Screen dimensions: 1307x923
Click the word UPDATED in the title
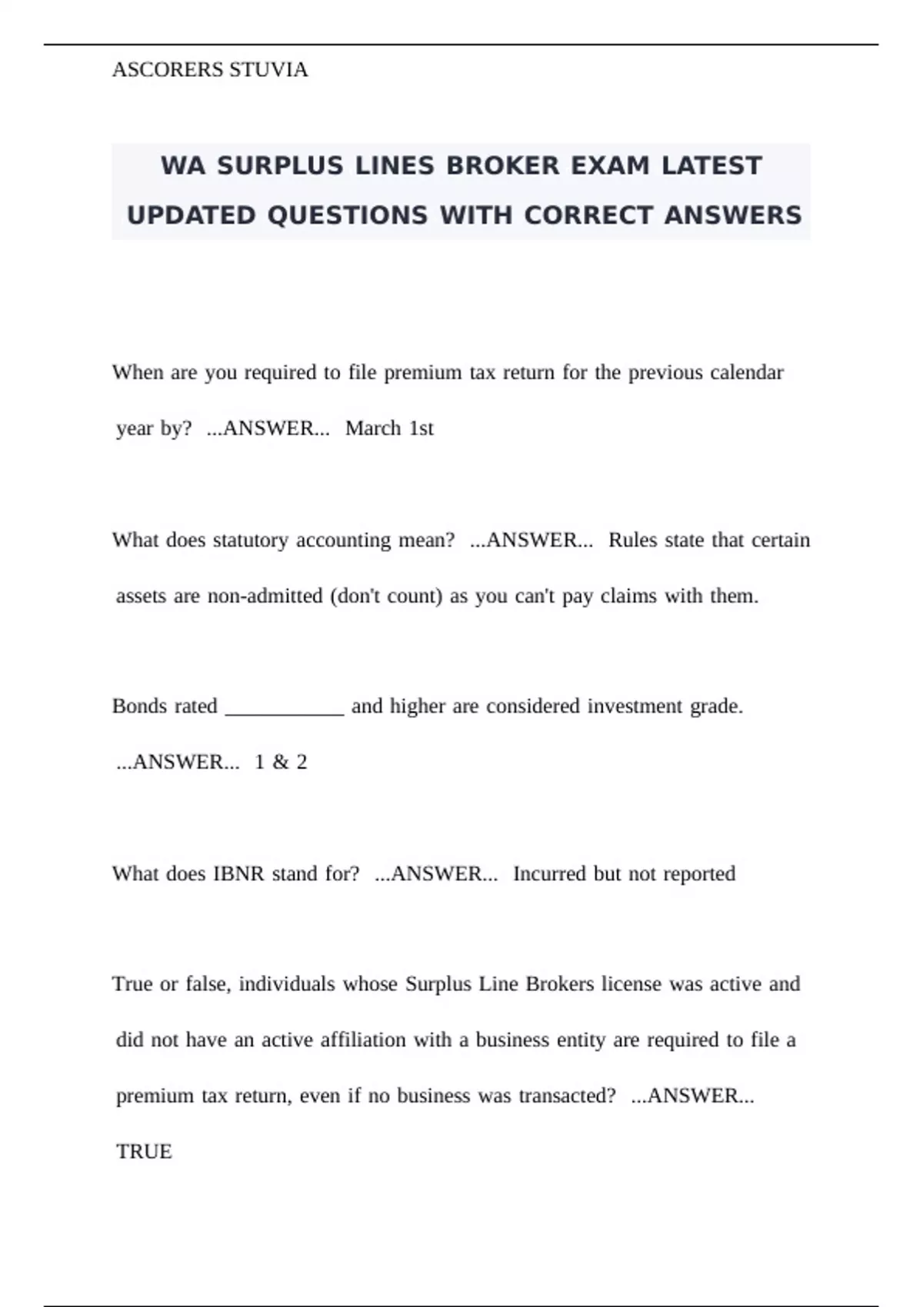click(191, 215)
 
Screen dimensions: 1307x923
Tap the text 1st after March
click(421, 428)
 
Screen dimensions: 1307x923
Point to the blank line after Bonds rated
click(285, 707)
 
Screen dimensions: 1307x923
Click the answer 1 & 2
click(281, 762)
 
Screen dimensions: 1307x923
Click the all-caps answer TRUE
click(144, 1151)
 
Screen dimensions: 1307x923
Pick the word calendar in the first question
click(746, 372)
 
